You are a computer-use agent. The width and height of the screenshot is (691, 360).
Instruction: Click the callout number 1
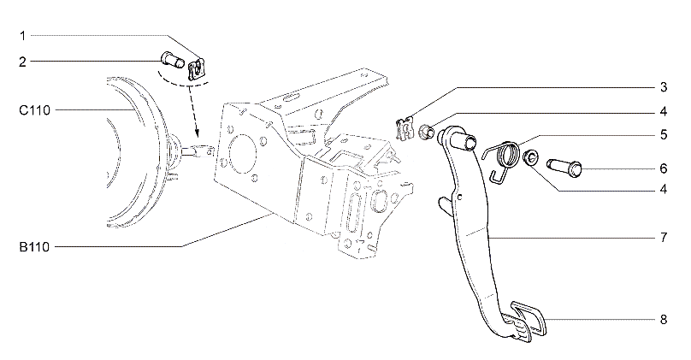click(x=23, y=36)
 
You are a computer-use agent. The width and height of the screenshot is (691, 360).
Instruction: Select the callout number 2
click(x=22, y=62)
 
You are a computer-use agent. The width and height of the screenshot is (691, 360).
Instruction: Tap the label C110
click(x=35, y=110)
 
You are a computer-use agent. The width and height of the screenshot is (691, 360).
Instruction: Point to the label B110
click(x=34, y=247)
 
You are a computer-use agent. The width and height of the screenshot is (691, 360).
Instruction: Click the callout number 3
click(x=664, y=87)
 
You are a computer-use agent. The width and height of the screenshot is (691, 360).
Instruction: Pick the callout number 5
click(x=664, y=135)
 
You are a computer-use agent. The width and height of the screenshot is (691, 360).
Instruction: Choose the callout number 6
click(x=664, y=168)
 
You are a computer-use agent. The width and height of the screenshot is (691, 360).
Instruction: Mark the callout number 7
click(x=664, y=238)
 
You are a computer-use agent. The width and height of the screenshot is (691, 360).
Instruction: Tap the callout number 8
click(x=664, y=320)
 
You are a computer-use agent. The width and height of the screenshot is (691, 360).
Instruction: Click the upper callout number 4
click(x=664, y=112)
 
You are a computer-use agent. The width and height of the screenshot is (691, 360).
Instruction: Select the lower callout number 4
click(x=664, y=190)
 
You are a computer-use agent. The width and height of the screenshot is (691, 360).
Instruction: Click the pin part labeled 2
click(x=173, y=60)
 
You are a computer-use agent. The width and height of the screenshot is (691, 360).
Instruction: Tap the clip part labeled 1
click(x=197, y=69)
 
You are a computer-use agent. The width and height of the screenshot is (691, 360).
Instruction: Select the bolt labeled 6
click(x=564, y=168)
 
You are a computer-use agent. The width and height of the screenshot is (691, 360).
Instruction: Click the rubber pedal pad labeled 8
click(x=528, y=320)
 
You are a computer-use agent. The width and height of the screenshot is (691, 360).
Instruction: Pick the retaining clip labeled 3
click(x=405, y=129)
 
